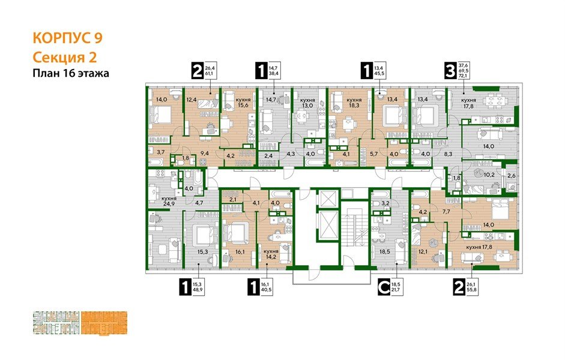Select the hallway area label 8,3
tap(448, 154)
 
